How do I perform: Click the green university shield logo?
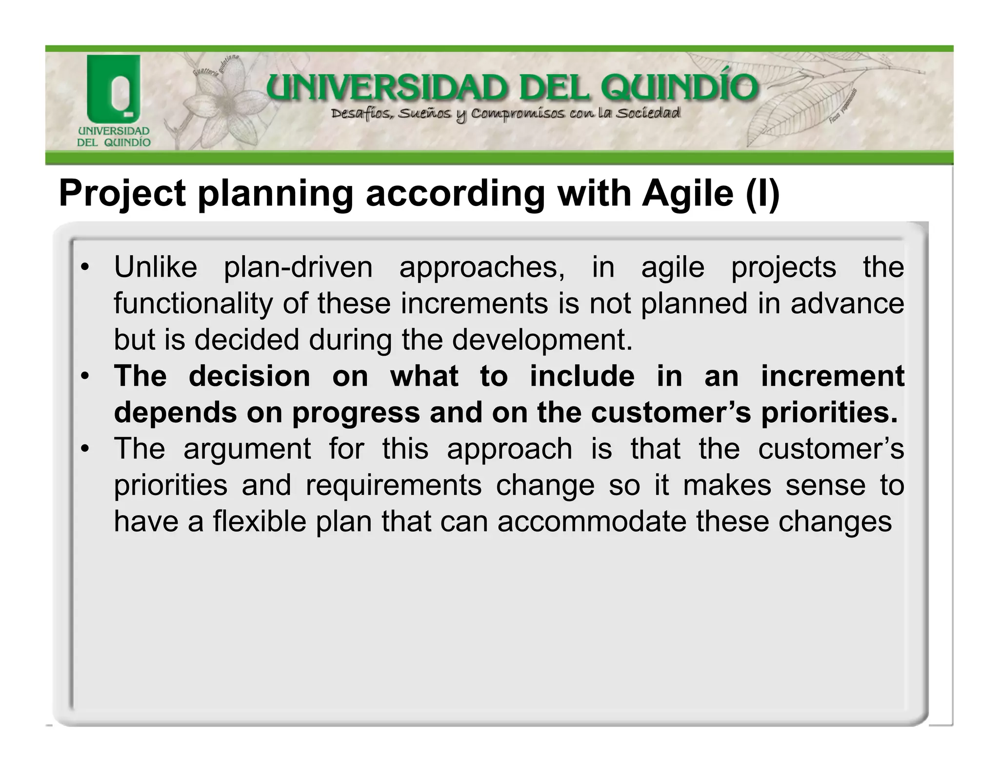point(114,88)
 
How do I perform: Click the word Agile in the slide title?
point(687,194)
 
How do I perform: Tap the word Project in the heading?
point(122,194)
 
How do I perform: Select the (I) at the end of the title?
point(762,194)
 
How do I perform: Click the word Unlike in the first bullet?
point(156,267)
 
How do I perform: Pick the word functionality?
point(193,304)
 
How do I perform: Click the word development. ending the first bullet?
point(542,340)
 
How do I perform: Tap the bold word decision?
point(249,376)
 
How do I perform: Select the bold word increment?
point(833,376)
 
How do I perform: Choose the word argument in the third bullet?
point(247,449)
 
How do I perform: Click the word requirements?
point(394,486)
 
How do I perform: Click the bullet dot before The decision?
point(85,377)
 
